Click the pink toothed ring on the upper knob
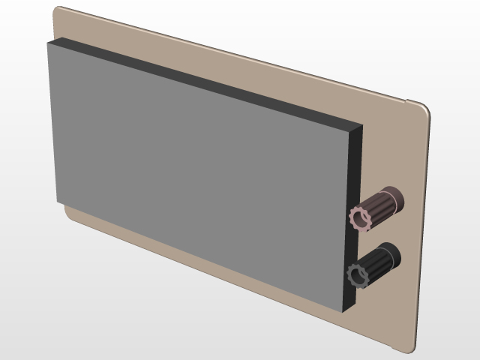tap(353, 218)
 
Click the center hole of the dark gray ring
tap(358, 275)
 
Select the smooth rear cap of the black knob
tap(394, 256)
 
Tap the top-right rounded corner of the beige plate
tap(425, 106)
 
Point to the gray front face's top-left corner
tap(48, 43)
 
